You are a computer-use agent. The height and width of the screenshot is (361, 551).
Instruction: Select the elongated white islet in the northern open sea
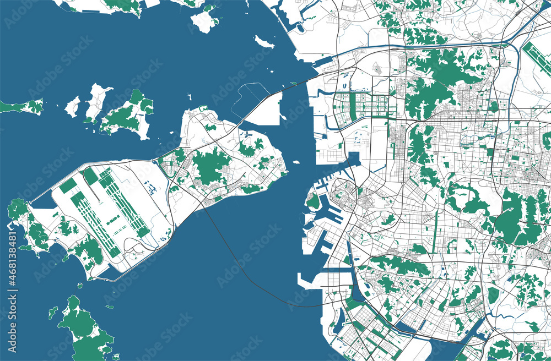tap(264, 42)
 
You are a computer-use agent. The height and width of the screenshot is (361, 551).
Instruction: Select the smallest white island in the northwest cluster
tap(72, 106)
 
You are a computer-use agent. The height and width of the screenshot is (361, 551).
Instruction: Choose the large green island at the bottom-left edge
tap(85, 330)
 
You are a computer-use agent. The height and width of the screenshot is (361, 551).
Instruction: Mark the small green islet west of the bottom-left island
tap(52, 313)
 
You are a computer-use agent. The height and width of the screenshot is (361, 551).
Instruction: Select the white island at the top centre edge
tap(204, 21)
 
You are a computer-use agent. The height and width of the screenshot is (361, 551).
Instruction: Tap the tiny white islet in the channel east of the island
tap(296, 162)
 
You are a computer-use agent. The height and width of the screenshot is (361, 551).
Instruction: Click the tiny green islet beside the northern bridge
tap(294, 83)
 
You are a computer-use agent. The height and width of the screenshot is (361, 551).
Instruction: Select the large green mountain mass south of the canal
tap(441, 83)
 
